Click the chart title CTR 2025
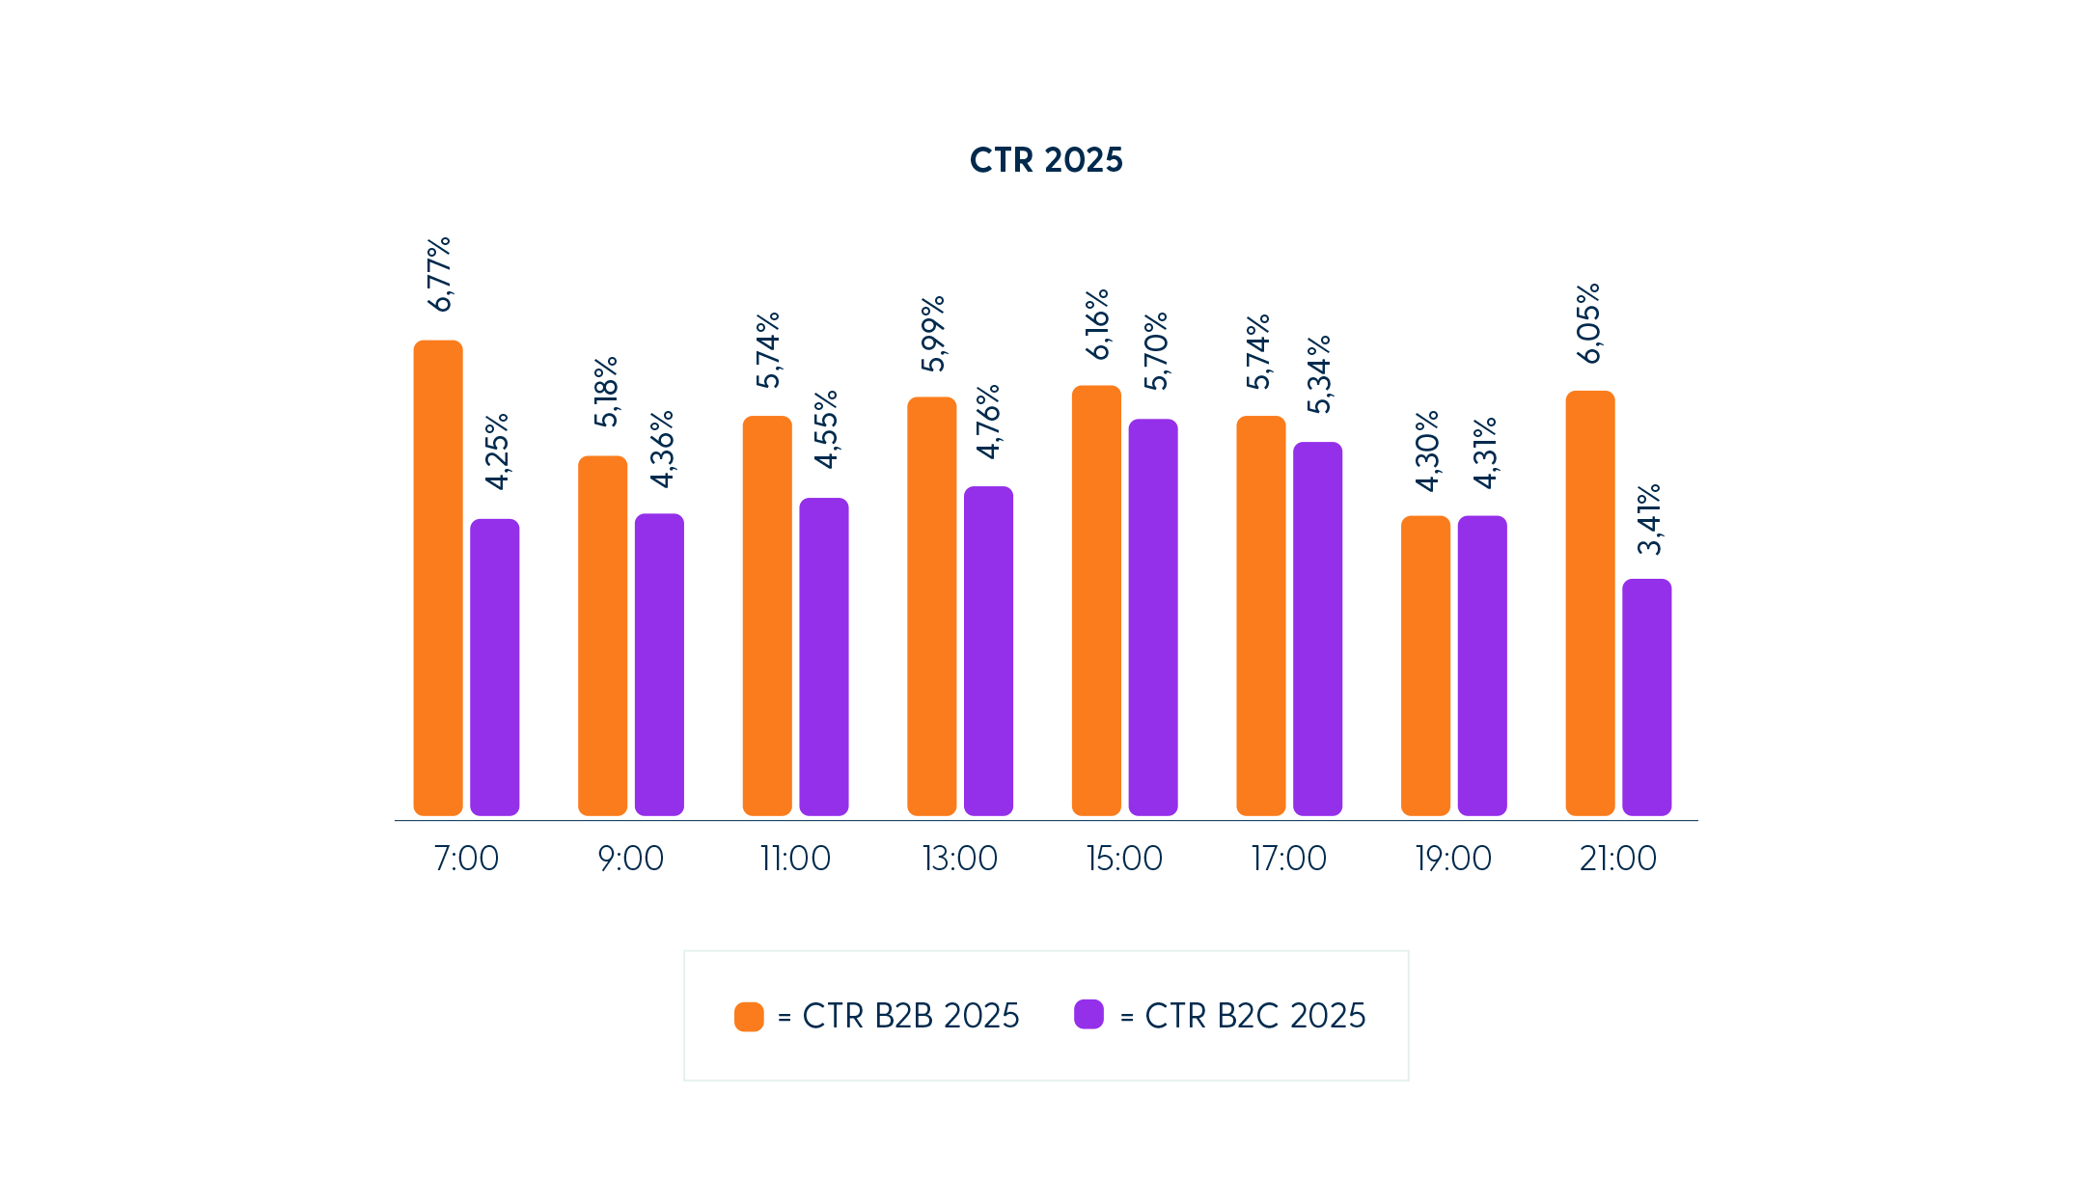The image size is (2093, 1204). click(1046, 160)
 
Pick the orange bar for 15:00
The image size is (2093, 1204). click(1096, 600)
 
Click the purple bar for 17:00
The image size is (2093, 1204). click(1317, 628)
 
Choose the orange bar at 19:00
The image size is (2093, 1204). click(1425, 665)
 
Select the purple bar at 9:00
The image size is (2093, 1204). click(659, 664)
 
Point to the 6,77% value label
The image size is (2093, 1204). click(439, 275)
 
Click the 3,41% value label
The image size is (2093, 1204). click(1649, 519)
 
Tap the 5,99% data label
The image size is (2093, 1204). click(932, 334)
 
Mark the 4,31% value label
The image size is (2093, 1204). click(1484, 452)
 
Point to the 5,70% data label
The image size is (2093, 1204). click(1155, 351)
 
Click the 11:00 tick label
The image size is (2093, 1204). click(795, 858)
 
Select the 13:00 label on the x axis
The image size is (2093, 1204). click(960, 858)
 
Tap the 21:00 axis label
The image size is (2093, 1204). click(1617, 858)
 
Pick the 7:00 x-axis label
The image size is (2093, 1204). click(466, 858)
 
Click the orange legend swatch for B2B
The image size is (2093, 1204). click(749, 1016)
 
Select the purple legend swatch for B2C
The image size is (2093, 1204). click(1088, 1015)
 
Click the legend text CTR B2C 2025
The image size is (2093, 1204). click(1254, 1016)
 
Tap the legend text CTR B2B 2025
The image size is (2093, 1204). click(910, 1016)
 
